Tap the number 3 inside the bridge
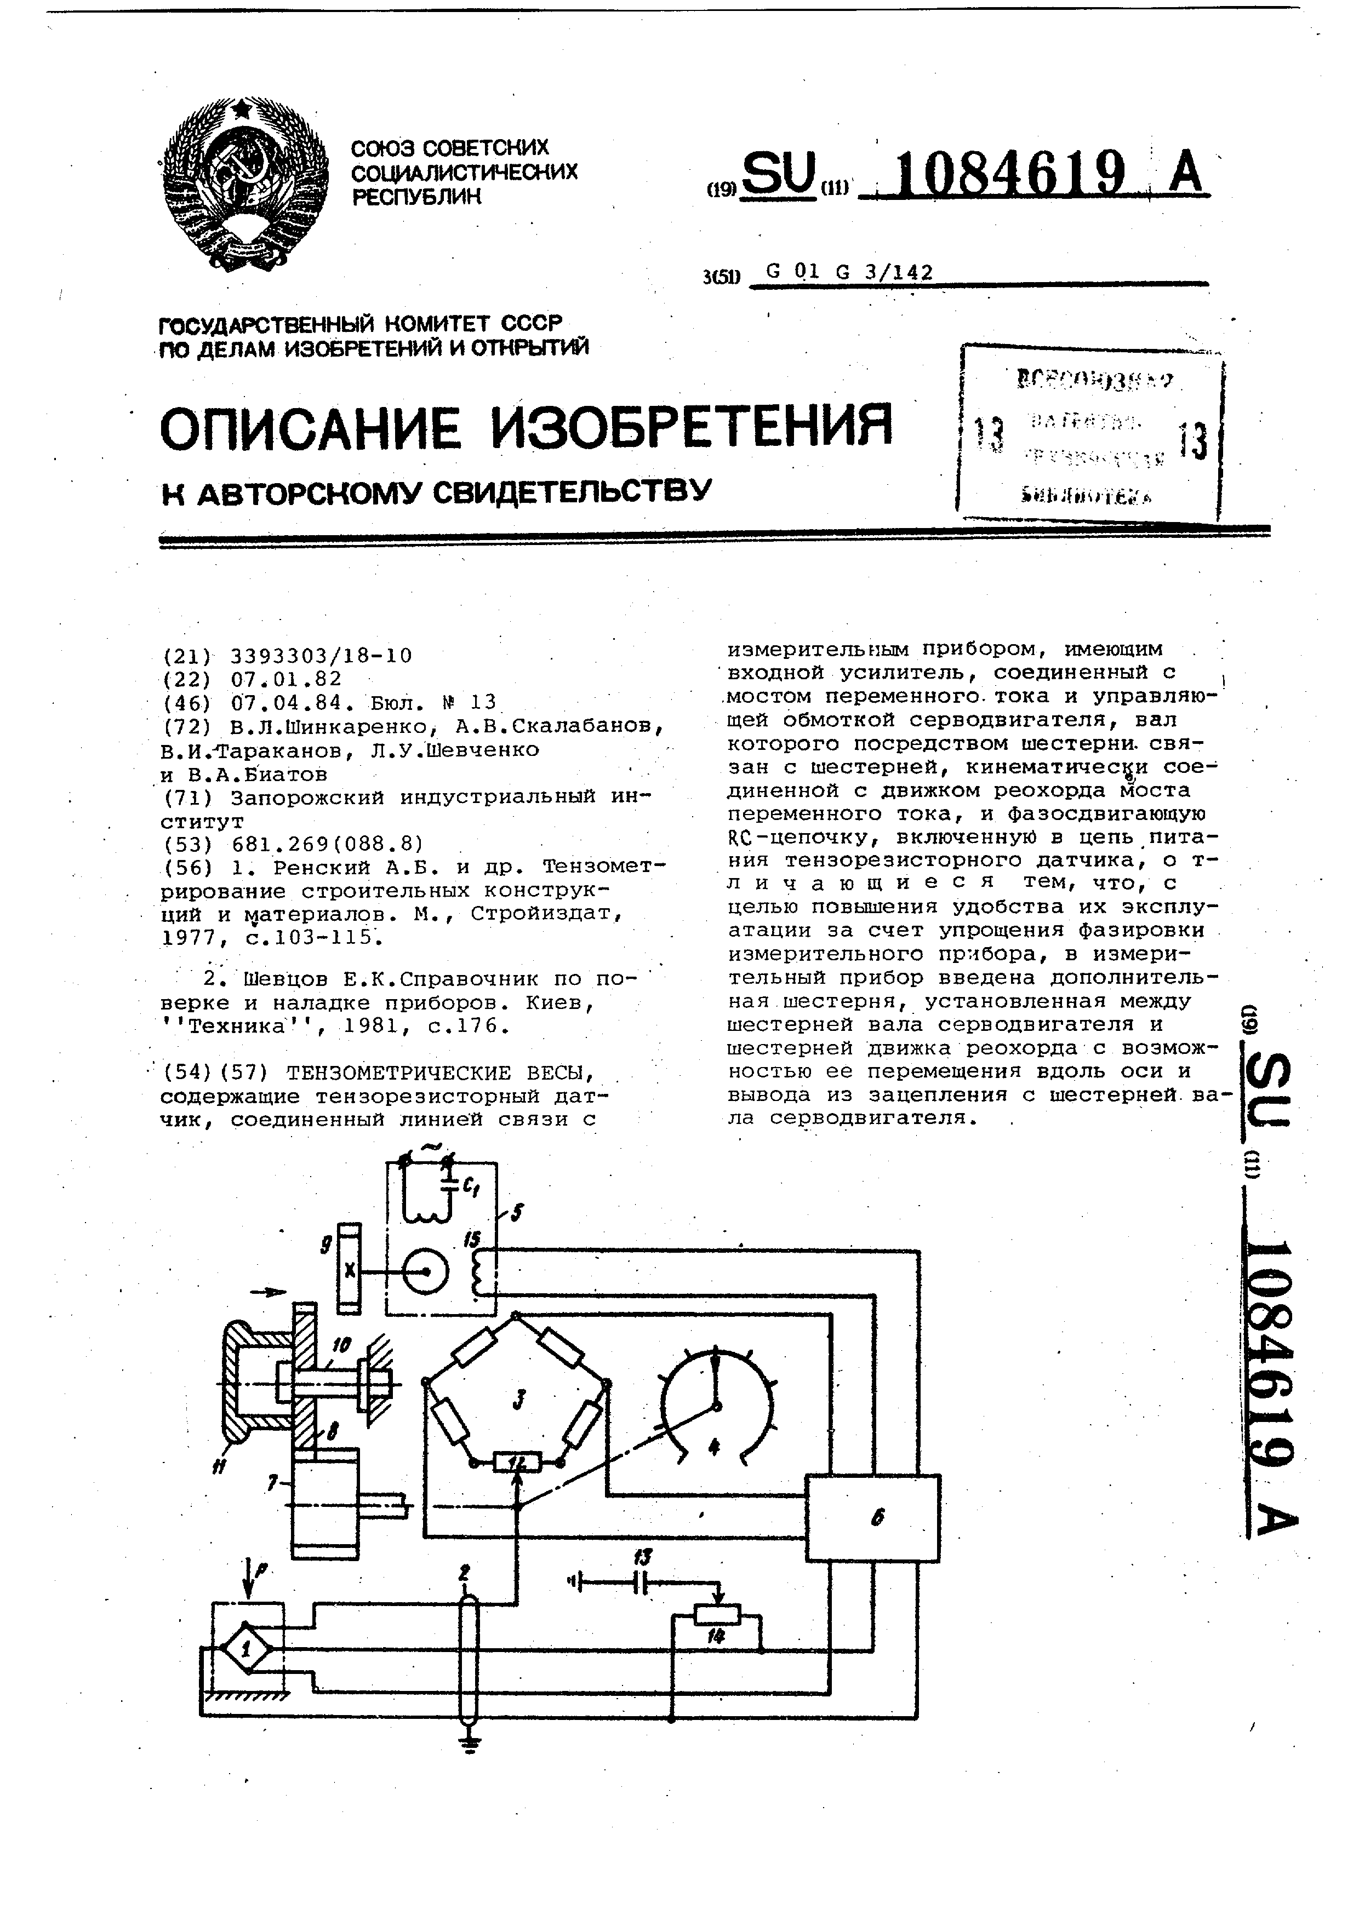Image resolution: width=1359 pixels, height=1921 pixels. coord(519,1396)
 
